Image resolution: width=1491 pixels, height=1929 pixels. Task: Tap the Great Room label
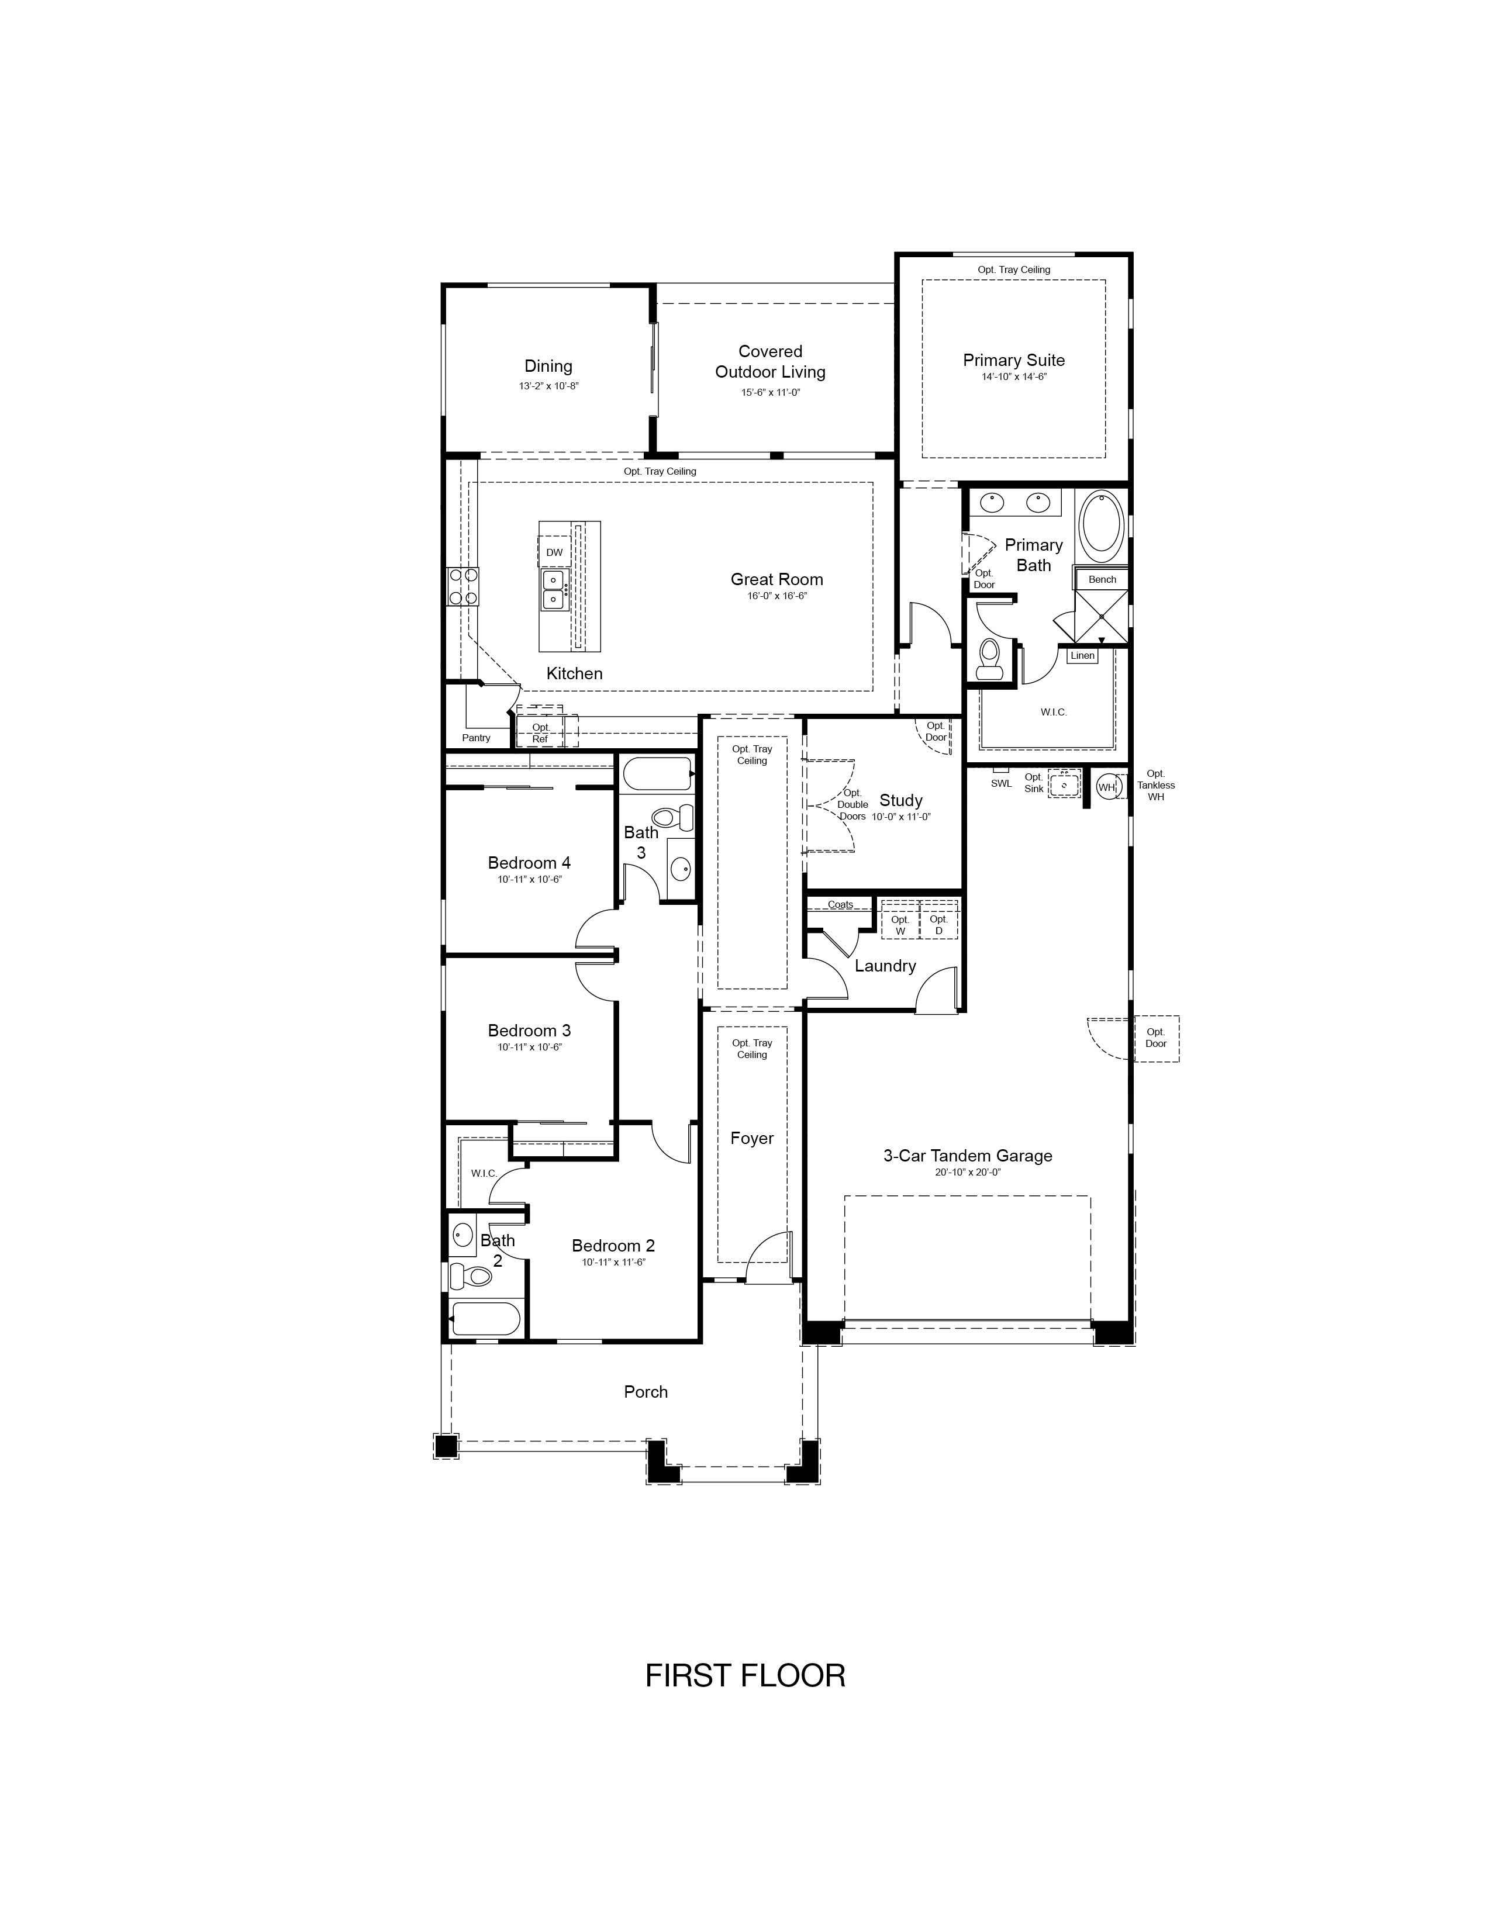pyautogui.click(x=776, y=579)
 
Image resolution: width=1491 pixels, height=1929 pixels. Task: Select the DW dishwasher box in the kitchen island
pyautogui.click(x=554, y=552)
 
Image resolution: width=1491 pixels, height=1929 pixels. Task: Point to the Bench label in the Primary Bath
pyautogui.click(x=1102, y=579)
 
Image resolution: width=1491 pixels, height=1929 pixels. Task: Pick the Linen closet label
pyautogui.click(x=1082, y=655)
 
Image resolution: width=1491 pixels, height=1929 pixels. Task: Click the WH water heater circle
pyautogui.click(x=1107, y=786)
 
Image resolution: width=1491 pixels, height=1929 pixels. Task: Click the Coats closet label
pyautogui.click(x=841, y=904)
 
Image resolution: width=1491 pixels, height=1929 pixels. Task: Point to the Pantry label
pyautogui.click(x=476, y=738)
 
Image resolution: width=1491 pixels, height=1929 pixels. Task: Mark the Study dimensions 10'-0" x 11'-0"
pyautogui.click(x=901, y=817)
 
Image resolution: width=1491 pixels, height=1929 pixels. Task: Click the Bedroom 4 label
pyautogui.click(x=529, y=863)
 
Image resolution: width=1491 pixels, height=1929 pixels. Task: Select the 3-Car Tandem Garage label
pyautogui.click(x=968, y=1155)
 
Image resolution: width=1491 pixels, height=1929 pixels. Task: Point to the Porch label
pyautogui.click(x=646, y=1391)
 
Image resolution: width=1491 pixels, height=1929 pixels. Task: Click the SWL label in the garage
pyautogui.click(x=1001, y=783)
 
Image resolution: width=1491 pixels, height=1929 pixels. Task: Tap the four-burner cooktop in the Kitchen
pyautogui.click(x=463, y=586)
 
